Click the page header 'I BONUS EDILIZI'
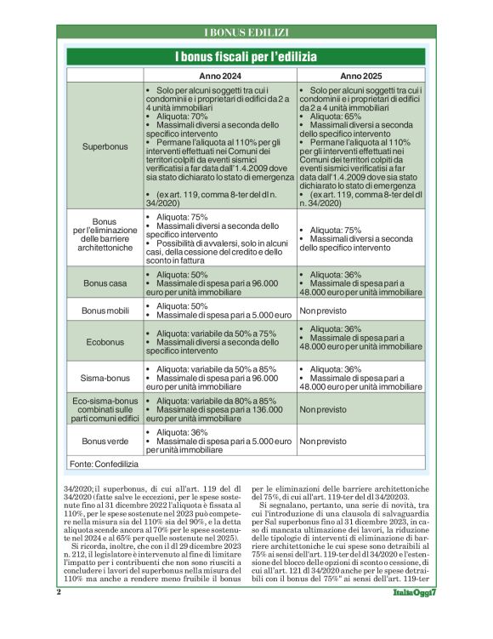coord(246,33)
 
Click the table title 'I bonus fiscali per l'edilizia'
coord(246,58)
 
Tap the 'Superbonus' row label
coord(105,146)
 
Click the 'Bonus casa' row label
coord(105,282)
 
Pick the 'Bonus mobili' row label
coord(105,311)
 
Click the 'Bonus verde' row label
coord(105,442)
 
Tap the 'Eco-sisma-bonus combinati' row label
coord(105,408)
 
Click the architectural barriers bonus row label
coord(105,241)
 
